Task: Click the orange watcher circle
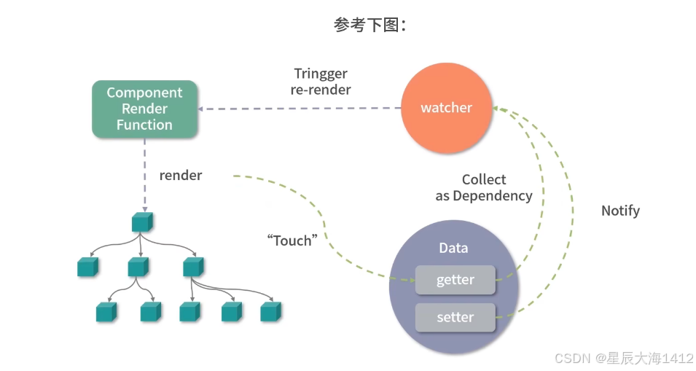447,108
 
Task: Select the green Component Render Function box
145,109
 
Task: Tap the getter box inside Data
455,280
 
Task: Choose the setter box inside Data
455,317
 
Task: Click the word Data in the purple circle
453,248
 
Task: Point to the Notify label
620,211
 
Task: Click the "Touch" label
292,240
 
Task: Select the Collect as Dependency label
484,187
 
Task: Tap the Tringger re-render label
321,81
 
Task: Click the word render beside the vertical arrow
181,175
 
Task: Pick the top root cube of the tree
143,222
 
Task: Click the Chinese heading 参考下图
369,25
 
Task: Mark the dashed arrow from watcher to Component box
300,109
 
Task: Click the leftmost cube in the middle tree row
88,267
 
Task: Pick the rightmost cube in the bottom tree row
271,311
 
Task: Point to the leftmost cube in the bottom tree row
106,311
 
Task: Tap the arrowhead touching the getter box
412,280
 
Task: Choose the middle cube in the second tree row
138,267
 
